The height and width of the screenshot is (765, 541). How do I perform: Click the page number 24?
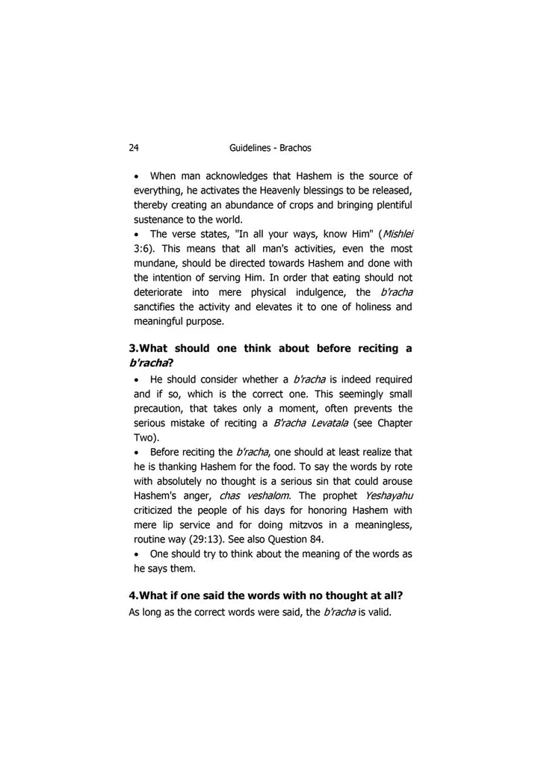(x=134, y=148)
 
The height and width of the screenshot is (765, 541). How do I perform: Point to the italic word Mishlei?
(x=396, y=234)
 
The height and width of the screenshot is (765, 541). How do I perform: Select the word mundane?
(x=156, y=263)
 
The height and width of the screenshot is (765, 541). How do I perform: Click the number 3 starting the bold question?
(x=132, y=348)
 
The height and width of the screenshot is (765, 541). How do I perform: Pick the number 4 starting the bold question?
(x=132, y=595)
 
